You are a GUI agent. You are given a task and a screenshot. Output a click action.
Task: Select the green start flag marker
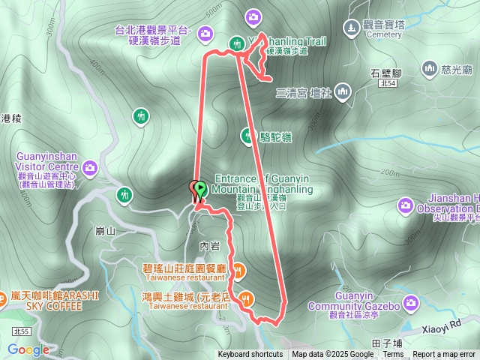(200, 190)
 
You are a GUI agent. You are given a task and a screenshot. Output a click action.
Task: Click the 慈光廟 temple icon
(430, 69)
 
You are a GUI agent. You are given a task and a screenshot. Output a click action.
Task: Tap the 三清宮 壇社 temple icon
(343, 93)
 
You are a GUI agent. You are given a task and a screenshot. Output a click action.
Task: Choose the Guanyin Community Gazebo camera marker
(410, 303)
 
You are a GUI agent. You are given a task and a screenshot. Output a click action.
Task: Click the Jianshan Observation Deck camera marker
(406, 204)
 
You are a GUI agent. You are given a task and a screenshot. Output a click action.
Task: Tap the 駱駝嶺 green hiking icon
(247, 136)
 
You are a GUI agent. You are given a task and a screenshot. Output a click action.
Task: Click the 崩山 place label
(106, 231)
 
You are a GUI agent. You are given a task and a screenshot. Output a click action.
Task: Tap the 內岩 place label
(209, 245)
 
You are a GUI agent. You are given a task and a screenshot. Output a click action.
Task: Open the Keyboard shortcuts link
(250, 355)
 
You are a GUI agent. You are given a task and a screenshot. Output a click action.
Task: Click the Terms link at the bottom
(393, 355)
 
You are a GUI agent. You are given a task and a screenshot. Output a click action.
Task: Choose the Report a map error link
(445, 355)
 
